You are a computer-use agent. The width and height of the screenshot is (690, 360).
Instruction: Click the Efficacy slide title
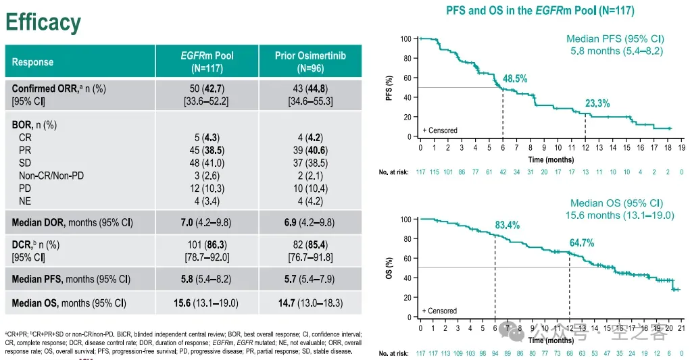coord(43,22)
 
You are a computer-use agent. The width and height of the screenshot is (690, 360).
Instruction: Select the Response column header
coord(32,62)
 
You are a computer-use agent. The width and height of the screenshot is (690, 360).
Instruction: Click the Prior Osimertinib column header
coord(310,61)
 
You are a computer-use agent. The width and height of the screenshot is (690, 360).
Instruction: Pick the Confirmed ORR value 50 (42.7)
coord(207,88)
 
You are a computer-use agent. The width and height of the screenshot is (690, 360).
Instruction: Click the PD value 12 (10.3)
coord(207,188)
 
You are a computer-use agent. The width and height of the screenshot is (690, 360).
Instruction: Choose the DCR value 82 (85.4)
coord(310,245)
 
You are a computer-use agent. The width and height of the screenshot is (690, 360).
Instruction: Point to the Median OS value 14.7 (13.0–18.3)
coord(310,303)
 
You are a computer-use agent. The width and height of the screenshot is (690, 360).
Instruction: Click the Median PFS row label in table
coord(71,278)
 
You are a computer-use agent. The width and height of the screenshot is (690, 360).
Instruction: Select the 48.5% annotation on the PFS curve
coord(516,79)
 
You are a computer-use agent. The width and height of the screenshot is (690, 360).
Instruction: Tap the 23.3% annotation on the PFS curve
coord(597,103)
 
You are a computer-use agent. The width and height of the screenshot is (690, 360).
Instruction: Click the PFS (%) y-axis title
coord(389,88)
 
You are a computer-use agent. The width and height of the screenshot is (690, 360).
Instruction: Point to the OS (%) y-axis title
coord(389,268)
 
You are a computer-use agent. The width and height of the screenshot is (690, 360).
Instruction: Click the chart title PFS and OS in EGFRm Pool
coord(540,10)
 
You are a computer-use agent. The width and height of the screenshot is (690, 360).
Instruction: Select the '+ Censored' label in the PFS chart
coord(440,130)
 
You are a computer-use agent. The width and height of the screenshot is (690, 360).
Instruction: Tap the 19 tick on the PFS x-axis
coord(681,147)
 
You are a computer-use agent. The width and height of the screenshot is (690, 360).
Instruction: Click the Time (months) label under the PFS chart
coord(551,160)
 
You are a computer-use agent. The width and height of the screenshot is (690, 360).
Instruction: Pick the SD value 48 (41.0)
coord(207,164)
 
